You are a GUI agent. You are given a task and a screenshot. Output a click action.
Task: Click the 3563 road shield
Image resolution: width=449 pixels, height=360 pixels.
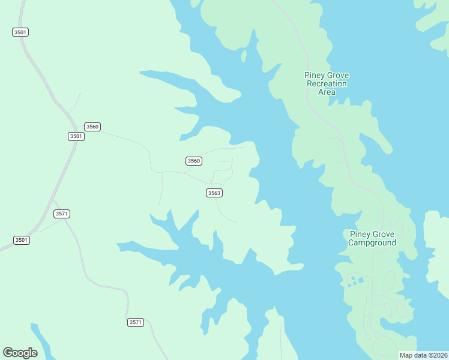click(x=214, y=193)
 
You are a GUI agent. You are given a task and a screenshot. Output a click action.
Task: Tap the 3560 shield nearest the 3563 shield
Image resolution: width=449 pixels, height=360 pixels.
click(x=193, y=161)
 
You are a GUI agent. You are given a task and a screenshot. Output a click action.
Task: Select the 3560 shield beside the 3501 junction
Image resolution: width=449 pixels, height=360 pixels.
click(x=92, y=127)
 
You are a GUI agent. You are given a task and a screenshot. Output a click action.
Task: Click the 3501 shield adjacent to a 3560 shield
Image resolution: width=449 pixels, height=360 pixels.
click(x=76, y=136)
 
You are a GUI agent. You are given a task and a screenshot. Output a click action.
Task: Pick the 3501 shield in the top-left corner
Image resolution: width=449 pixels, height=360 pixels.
click(x=20, y=32)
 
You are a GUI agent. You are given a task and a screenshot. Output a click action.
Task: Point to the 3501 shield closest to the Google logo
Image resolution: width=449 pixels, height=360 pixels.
click(x=21, y=240)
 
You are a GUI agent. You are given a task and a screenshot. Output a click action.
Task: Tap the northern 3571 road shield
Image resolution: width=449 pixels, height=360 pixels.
click(x=62, y=214)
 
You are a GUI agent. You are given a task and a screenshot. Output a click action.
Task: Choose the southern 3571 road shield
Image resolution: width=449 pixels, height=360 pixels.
click(x=136, y=322)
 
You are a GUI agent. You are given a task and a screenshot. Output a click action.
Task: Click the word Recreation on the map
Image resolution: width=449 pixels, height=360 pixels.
click(x=327, y=84)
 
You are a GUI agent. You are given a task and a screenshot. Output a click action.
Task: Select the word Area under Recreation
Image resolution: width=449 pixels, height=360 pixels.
click(x=327, y=92)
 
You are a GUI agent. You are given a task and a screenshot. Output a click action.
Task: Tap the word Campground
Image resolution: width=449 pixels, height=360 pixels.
click(x=372, y=243)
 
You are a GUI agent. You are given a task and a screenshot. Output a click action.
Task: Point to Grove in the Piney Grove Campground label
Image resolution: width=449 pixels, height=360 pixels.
click(x=384, y=234)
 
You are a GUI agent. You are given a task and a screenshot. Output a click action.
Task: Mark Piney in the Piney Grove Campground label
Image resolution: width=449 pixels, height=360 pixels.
click(x=360, y=234)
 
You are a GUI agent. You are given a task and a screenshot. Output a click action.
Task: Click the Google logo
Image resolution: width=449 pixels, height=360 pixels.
click(x=20, y=353)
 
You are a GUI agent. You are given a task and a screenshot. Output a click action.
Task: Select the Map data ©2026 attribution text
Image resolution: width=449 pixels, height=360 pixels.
click(x=424, y=355)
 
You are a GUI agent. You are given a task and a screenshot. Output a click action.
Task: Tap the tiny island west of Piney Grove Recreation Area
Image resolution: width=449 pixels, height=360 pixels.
click(x=244, y=56)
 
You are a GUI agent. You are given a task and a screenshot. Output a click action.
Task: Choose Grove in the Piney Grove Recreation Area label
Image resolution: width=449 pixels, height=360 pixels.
click(x=339, y=76)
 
